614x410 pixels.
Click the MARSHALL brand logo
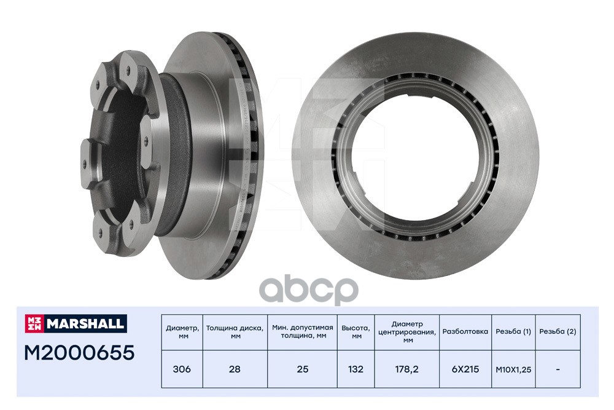pos(76,323)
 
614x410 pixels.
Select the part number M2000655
pos(79,352)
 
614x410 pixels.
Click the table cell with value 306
pos(182,369)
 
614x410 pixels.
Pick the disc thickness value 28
pos(235,369)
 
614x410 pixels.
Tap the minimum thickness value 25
pos(302,369)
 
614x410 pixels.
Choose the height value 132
pos(356,369)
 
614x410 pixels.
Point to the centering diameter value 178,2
pos(407,369)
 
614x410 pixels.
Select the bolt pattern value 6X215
pos(465,369)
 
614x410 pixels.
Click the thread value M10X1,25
pos(513,369)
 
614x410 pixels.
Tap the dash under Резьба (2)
pos(558,369)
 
